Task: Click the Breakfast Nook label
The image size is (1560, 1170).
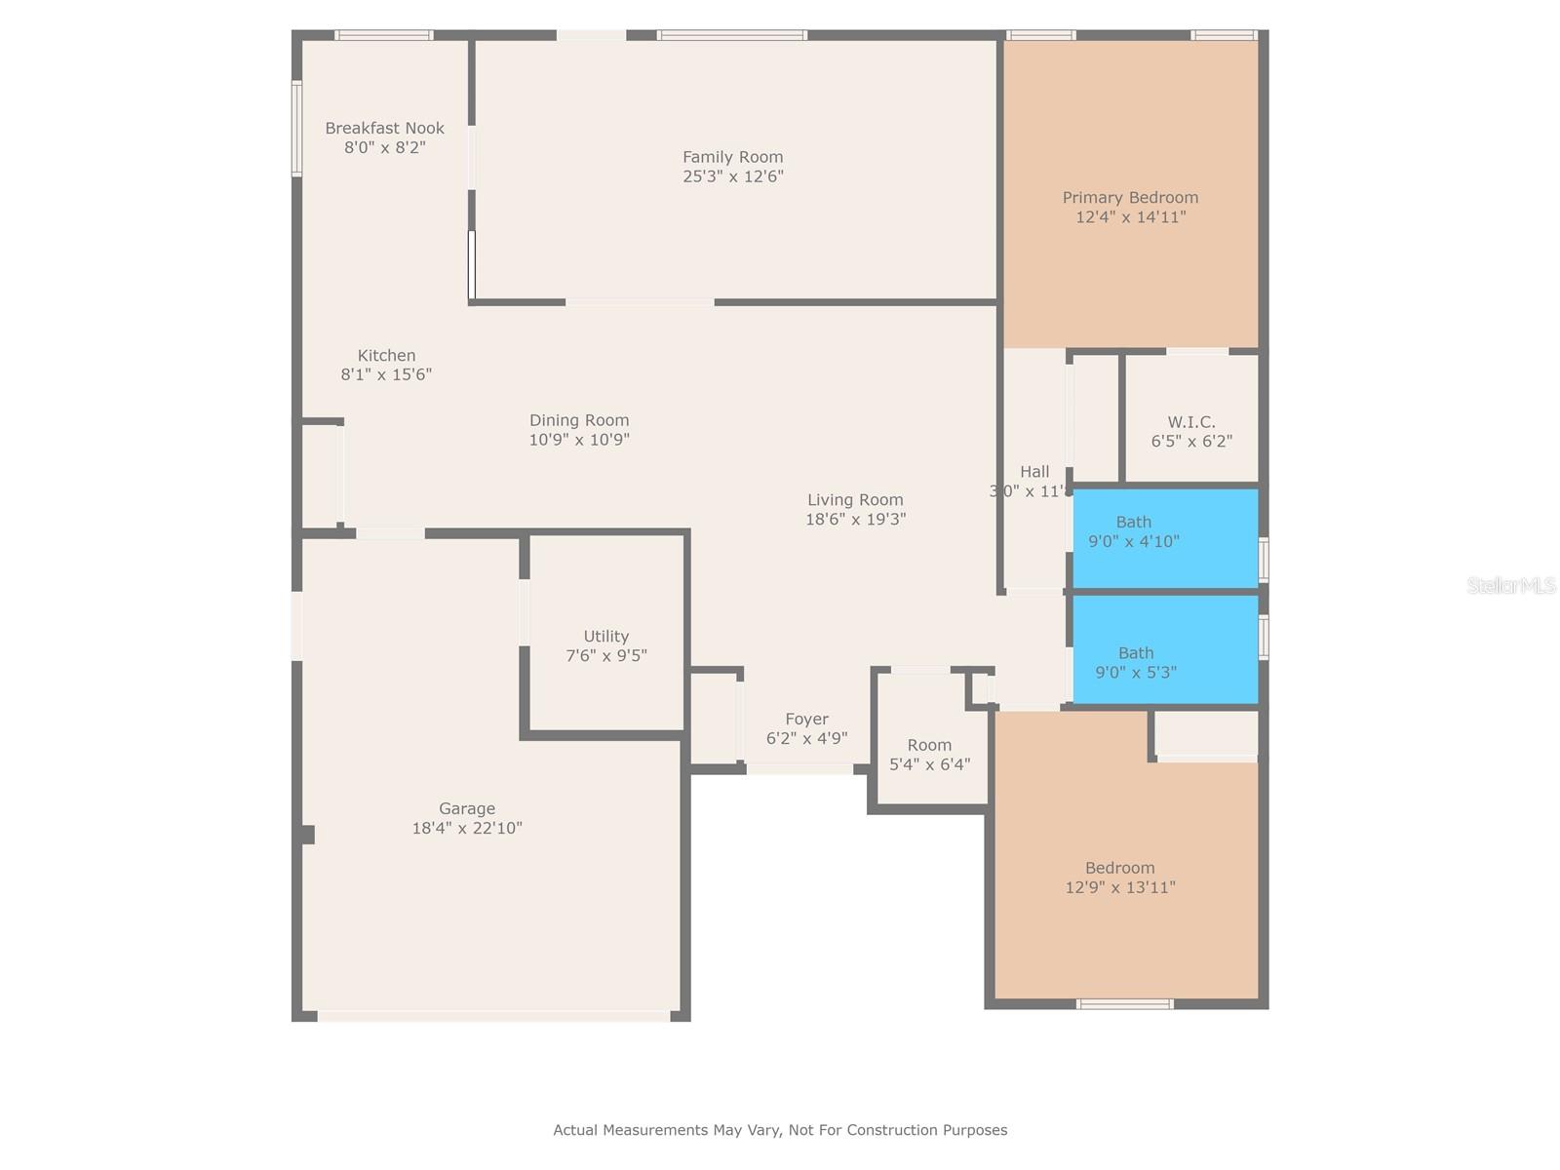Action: [384, 128]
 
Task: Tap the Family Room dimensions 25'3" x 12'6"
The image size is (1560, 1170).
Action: [733, 176]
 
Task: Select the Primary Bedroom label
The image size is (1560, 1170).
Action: [1130, 198]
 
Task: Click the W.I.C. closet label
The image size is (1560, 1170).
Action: [1191, 422]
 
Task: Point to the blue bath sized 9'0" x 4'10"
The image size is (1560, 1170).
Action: [1164, 538]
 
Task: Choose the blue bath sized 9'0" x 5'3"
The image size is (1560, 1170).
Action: [1164, 650]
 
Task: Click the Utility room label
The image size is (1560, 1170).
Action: [605, 637]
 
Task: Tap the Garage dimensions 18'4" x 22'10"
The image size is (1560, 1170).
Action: [467, 829]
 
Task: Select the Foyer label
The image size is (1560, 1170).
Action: [806, 720]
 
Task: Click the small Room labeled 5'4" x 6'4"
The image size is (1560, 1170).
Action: [929, 754]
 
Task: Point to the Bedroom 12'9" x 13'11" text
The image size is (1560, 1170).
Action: [1120, 877]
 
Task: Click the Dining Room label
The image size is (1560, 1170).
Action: [579, 420]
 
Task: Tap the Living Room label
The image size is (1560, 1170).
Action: [855, 500]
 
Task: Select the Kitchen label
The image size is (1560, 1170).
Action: [386, 356]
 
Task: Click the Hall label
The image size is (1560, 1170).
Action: [1034, 472]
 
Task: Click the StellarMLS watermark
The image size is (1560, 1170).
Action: [1511, 586]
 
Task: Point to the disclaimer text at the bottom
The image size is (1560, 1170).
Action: [780, 1130]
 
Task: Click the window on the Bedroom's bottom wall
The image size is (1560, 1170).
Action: [1124, 1004]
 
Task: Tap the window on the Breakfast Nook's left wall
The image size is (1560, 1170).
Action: [296, 128]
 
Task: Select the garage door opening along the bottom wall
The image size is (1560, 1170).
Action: [493, 1016]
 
